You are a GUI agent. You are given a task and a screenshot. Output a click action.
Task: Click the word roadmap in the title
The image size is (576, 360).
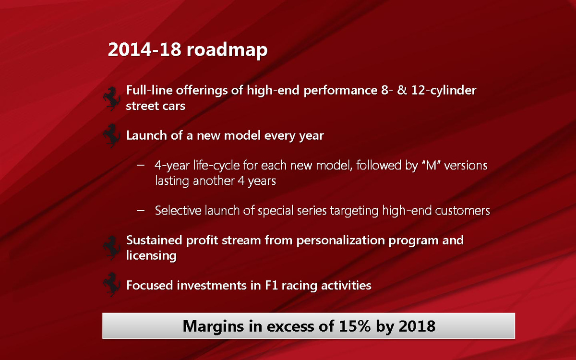point(227,50)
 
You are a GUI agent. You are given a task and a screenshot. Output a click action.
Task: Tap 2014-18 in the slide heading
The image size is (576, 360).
point(144,49)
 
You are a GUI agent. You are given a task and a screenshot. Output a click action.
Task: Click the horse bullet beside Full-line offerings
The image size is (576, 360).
point(112,99)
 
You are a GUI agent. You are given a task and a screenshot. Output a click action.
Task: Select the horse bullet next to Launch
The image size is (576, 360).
point(112,136)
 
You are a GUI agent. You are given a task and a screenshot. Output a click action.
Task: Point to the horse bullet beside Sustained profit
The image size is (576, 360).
point(112,248)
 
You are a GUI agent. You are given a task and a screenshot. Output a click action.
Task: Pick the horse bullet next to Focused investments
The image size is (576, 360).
point(112,285)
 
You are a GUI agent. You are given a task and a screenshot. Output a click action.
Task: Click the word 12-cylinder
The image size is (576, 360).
point(444,91)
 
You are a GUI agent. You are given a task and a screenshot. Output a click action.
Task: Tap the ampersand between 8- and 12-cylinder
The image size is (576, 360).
point(402,90)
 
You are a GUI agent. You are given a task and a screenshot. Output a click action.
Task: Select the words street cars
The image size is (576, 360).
point(156,106)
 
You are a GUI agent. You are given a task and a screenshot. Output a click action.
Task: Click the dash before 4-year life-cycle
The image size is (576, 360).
point(140,165)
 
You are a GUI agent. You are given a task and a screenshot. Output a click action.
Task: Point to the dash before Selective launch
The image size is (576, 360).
point(140,210)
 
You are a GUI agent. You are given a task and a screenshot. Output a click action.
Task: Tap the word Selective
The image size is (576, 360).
point(178,210)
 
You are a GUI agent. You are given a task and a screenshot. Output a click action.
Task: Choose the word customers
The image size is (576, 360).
point(462,211)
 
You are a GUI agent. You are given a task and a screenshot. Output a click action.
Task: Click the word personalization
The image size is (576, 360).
point(340,241)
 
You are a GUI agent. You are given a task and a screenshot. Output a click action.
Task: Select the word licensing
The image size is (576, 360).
point(151,256)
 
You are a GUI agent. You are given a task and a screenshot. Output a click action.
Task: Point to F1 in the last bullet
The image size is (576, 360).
point(271,285)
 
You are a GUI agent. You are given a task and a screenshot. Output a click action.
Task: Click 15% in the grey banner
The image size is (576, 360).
point(355,326)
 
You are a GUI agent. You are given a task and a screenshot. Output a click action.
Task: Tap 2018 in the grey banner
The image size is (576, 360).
point(417,326)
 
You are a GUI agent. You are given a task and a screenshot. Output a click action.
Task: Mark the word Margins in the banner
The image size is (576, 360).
point(213,327)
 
